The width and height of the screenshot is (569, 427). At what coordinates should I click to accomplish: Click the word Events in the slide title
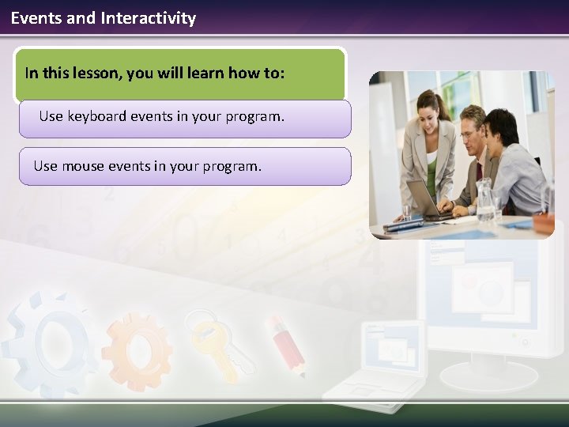(x=36, y=17)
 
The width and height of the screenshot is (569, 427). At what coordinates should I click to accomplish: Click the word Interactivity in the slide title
(x=148, y=17)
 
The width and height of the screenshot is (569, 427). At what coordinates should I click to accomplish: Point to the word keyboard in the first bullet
(x=96, y=116)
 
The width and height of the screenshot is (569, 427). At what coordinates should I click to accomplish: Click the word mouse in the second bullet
(x=83, y=166)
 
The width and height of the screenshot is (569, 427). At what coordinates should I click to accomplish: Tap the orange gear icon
(x=136, y=348)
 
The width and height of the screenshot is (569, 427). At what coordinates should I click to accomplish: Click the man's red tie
(x=478, y=172)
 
